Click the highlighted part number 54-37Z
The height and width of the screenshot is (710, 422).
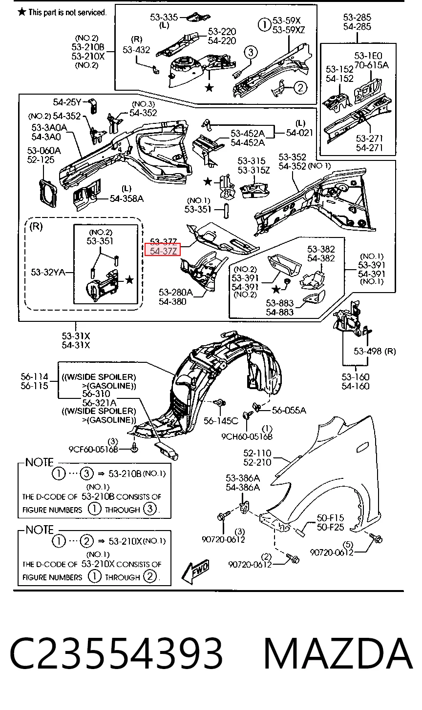point(163,251)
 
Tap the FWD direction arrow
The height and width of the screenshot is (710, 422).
point(195,571)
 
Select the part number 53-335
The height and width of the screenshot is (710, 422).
point(164,17)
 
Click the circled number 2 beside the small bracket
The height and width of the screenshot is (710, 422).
point(300,87)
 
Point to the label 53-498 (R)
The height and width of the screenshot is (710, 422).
point(375,351)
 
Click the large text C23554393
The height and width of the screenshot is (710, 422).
point(116,654)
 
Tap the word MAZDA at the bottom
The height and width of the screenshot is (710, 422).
point(338,654)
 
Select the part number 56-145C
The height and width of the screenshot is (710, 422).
point(221,421)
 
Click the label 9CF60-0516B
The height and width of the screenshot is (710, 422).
point(93,449)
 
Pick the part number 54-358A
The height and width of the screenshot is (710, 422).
point(127,199)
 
